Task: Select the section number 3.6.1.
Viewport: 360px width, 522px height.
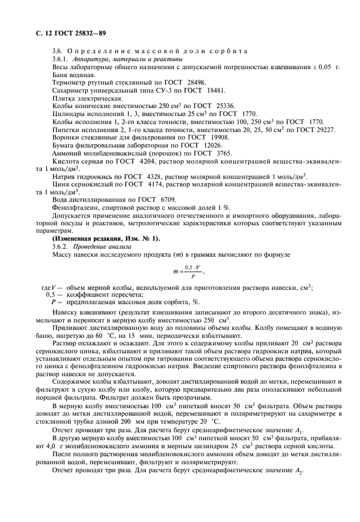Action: pyautogui.click(x=60, y=59)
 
